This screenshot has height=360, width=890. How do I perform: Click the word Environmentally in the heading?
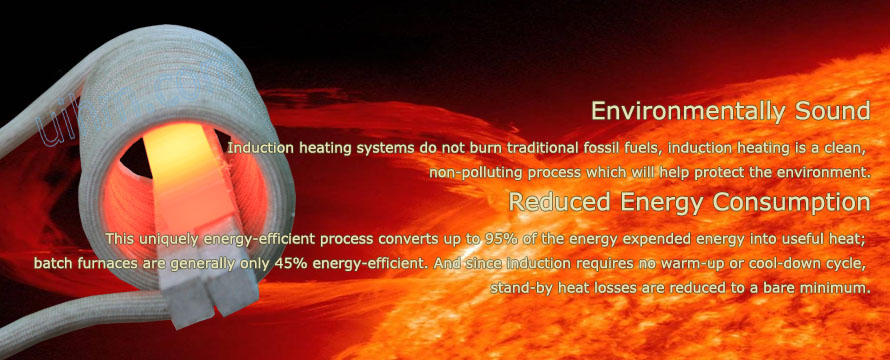click(x=661, y=110)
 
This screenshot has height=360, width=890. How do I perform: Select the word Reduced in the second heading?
click(x=551, y=202)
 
